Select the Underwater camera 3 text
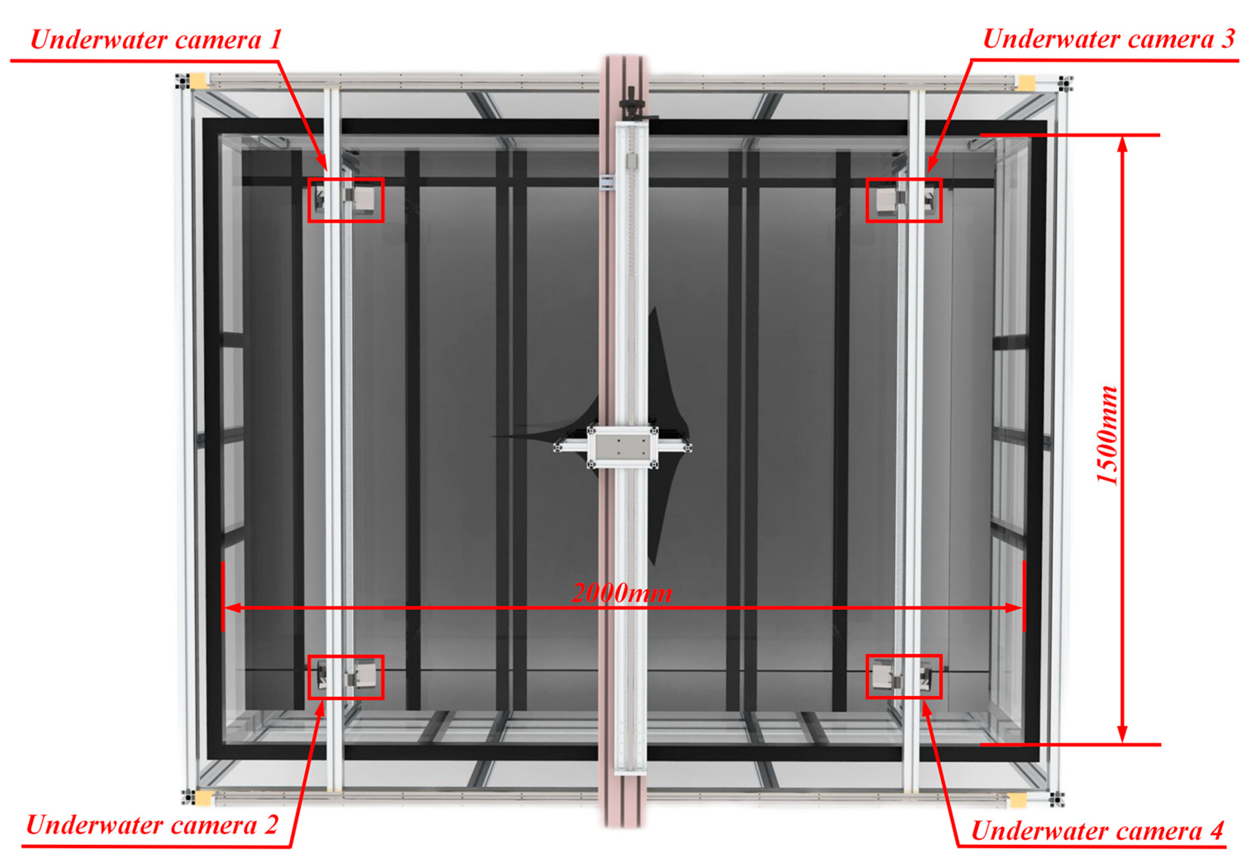tap(1109, 39)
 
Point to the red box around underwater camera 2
tap(345, 656)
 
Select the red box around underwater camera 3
tap(904, 180)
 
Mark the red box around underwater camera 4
tap(904, 656)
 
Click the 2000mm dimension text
tap(622, 594)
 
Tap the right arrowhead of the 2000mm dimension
tap(1014, 608)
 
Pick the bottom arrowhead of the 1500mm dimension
tap(1123, 735)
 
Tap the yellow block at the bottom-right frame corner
tap(1018, 801)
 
